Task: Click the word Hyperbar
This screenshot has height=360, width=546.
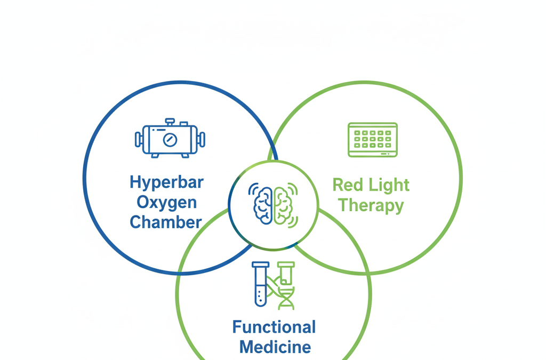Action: coord(166,182)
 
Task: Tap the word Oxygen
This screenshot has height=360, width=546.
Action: coord(166,202)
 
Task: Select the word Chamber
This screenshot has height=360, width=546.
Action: coord(166,222)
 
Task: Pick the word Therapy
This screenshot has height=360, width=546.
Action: coord(371,205)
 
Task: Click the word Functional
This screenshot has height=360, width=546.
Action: coord(274,327)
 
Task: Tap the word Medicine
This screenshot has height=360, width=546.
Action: coord(275,347)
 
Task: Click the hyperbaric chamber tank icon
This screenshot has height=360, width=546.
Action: coord(170,139)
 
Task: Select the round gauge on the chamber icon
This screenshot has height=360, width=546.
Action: coord(170,140)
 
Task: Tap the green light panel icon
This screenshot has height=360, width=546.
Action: coord(373,140)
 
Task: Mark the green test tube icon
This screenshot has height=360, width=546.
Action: coord(286,273)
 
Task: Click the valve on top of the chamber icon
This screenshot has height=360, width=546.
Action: coord(170,122)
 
